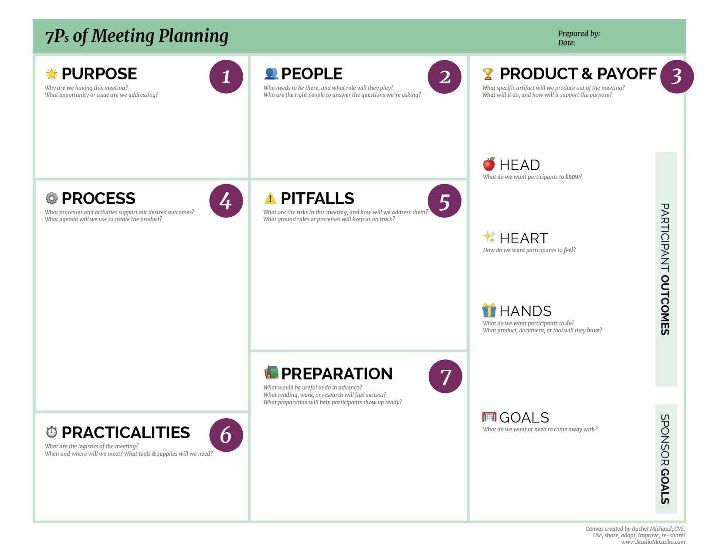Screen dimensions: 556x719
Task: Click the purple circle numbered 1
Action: [226, 77]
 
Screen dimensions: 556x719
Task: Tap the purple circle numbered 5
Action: [444, 201]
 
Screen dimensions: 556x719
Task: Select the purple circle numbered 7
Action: [445, 376]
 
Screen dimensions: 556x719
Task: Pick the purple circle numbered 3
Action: [676, 77]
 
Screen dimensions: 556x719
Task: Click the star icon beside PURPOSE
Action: [51, 74]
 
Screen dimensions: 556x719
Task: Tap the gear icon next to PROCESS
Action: [51, 198]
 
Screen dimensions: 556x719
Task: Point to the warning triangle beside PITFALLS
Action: [270, 198]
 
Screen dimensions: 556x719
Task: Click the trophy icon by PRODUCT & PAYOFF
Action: [488, 74]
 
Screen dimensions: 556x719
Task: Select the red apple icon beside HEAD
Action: [489, 164]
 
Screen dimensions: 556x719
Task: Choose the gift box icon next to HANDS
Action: [489, 310]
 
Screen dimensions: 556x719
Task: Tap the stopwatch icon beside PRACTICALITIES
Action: [51, 432]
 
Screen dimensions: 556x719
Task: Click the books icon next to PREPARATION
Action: [271, 373]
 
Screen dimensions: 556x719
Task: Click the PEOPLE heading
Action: [312, 74]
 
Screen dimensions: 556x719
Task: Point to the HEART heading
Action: [523, 238]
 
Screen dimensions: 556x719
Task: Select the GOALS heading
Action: [524, 417]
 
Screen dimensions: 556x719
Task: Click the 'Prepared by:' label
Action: [579, 34]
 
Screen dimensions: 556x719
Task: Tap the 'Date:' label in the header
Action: [566, 43]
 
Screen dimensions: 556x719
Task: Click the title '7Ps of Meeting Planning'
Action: [137, 36]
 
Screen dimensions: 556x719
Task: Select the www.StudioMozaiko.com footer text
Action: [653, 542]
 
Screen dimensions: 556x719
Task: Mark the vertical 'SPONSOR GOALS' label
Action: [665, 459]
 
